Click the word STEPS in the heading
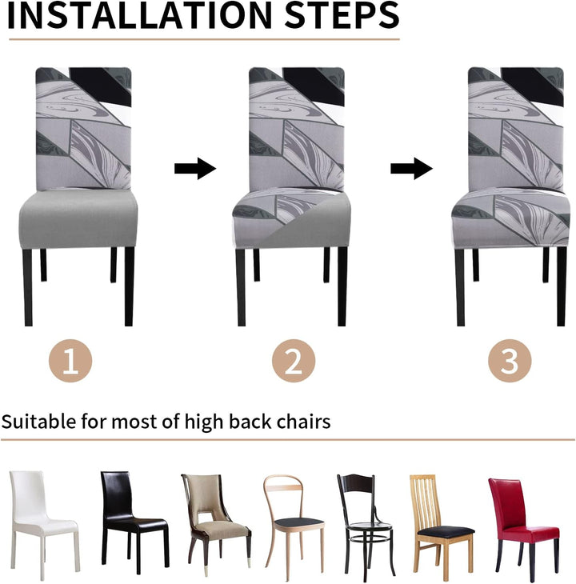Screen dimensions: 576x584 (x=342, y=16)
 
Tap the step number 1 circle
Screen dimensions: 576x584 (x=70, y=361)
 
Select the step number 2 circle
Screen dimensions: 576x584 (x=294, y=361)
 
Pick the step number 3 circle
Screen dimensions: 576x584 (x=510, y=361)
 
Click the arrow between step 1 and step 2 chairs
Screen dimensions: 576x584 (x=195, y=168)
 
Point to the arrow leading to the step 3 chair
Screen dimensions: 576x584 (x=411, y=168)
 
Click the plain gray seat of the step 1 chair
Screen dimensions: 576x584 (x=78, y=219)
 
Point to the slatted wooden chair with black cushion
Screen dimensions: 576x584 (x=442, y=525)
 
